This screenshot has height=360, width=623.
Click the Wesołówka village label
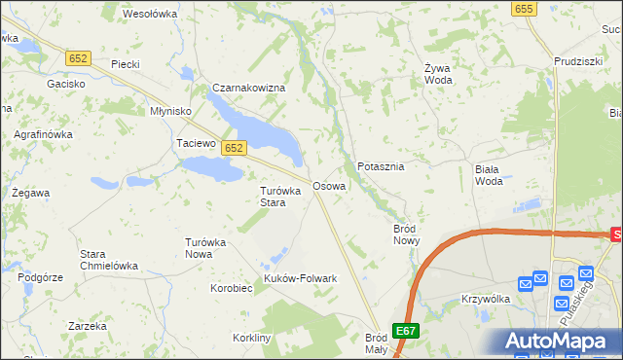coord(149,14)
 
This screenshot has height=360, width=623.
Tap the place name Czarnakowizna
coord(249,88)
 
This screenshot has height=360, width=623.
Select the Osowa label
coord(328,185)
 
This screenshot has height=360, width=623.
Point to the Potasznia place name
coord(381,166)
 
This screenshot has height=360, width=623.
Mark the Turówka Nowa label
coord(205,247)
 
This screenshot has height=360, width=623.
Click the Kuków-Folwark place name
coord(301,278)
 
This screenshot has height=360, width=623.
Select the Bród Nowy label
coord(406,234)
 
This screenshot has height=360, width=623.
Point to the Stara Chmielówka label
coord(108,260)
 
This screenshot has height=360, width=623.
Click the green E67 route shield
coord(407,330)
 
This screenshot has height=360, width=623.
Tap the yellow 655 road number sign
coord(524,8)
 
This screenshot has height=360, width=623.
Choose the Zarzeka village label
coord(88,326)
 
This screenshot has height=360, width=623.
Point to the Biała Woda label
coord(489,174)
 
